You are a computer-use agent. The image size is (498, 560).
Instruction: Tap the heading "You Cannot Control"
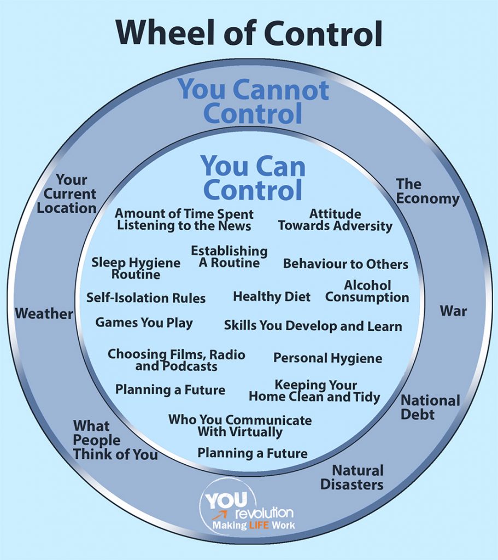click(253, 102)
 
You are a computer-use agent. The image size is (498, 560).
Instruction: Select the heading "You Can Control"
click(253, 177)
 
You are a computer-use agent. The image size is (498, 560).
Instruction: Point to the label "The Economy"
click(427, 191)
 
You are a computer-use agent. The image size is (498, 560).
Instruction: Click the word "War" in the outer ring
click(453, 311)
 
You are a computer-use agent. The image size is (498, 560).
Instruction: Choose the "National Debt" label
click(430, 407)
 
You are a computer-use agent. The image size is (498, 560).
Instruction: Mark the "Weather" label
click(44, 313)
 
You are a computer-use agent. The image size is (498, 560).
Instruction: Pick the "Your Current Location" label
click(70, 194)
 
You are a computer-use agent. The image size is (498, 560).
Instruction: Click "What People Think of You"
click(115, 440)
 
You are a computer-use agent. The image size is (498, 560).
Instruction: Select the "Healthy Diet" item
click(272, 297)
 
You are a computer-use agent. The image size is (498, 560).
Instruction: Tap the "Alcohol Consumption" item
click(367, 291)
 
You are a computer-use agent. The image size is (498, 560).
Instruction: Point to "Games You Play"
click(144, 323)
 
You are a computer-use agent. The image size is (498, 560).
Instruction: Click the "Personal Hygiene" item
click(327, 358)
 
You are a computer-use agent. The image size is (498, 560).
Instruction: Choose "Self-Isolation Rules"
click(146, 298)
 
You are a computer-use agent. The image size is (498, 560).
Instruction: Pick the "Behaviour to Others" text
click(345, 264)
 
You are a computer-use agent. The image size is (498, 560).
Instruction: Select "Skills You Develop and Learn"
click(313, 325)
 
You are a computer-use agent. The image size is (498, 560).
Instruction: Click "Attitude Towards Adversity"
click(335, 219)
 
